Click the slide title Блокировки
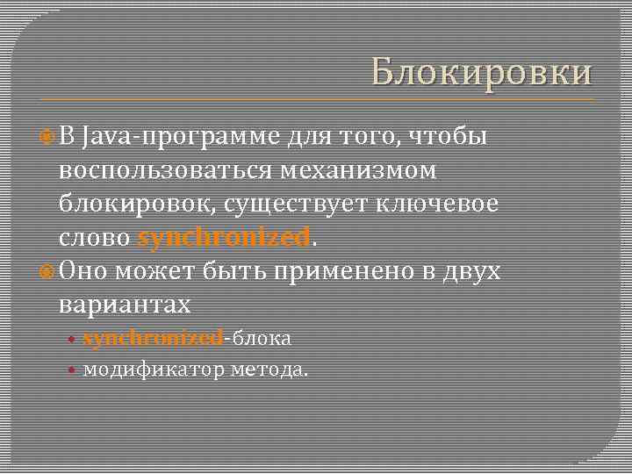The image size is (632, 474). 481,73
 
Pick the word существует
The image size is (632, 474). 298,204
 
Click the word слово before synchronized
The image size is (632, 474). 96,238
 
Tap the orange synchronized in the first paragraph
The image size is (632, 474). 224,238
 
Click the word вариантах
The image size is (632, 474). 125,305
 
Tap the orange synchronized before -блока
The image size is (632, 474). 153,338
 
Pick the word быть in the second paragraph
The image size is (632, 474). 236,271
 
